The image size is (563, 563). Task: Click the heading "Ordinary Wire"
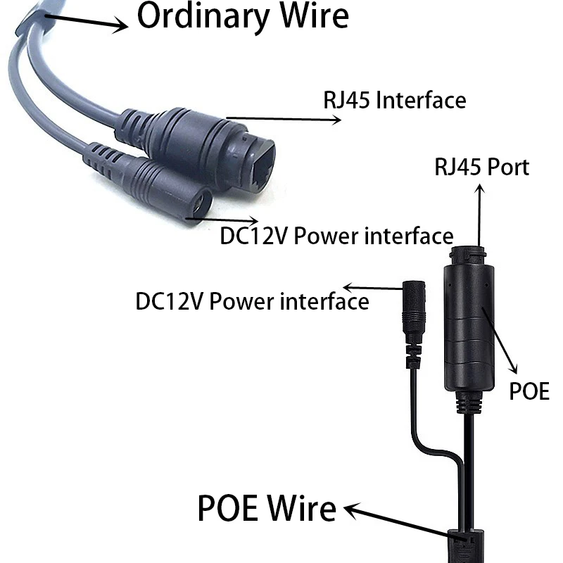242,16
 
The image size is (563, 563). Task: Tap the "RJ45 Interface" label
394,100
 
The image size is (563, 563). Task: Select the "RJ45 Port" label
481,167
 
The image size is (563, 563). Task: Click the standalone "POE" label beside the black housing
529,391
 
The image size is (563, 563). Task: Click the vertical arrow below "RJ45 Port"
480,215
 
